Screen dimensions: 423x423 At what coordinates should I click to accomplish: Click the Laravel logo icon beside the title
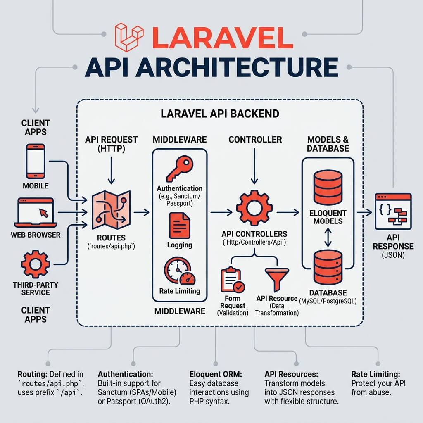[x=129, y=37]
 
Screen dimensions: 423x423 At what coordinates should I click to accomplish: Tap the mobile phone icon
[x=36, y=161]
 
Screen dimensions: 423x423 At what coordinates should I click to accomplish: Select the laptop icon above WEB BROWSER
[x=36, y=213]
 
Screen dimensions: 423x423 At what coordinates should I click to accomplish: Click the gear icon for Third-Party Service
[x=36, y=264]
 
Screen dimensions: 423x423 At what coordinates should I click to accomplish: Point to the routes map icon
[x=111, y=210]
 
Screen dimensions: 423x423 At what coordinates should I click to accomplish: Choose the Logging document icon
[x=180, y=226]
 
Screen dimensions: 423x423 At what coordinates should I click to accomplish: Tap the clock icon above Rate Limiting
[x=180, y=270]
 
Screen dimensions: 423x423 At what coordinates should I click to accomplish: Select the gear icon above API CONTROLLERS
[x=254, y=208]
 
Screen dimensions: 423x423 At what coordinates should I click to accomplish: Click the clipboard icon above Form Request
[x=233, y=280]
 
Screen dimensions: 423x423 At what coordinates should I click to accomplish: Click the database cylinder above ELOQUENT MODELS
[x=328, y=188]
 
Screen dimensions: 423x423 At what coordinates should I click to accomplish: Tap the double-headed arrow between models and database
[x=328, y=238]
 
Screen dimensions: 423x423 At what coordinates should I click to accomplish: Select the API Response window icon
[x=393, y=211]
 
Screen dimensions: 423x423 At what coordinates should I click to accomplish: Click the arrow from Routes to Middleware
[x=142, y=212]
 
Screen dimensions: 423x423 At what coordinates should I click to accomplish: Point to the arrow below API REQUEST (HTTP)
[x=111, y=171]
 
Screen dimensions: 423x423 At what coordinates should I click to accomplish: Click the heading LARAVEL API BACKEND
[x=220, y=114]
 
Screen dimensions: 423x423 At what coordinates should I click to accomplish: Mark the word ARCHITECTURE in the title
[x=237, y=67]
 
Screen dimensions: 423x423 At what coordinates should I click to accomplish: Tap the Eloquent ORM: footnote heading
[x=216, y=374]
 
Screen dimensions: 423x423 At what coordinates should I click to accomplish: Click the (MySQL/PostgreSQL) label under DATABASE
[x=328, y=301]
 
